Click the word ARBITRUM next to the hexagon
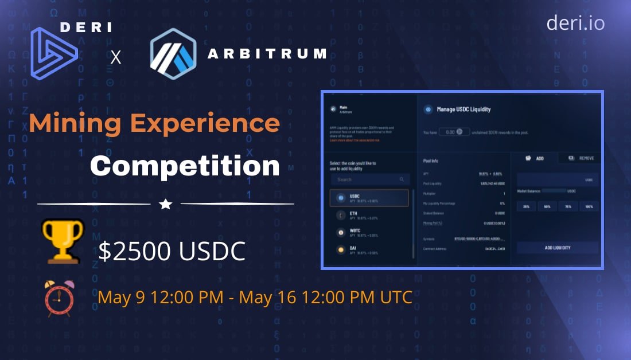coord(267,54)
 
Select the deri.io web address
coord(575,23)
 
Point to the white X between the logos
coord(116,57)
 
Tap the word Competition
coord(185,166)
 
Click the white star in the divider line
coord(166,204)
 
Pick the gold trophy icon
coord(63,240)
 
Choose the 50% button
coord(547,206)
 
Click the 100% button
coord(588,206)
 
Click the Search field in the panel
coord(370,179)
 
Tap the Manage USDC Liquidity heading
coord(463,109)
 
